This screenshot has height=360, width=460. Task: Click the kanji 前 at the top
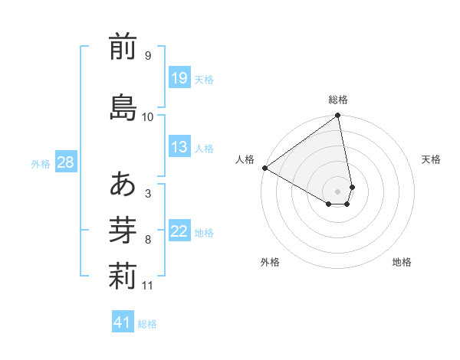(x=123, y=47)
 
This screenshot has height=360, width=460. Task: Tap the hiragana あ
(x=123, y=184)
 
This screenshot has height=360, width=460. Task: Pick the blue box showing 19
(x=179, y=77)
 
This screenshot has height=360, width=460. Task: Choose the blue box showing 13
(x=179, y=148)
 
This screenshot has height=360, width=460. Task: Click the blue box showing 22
(x=179, y=231)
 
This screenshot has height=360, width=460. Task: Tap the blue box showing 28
(x=65, y=162)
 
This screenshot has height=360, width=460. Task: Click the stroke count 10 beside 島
(x=148, y=117)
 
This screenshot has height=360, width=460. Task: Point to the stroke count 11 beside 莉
(x=148, y=286)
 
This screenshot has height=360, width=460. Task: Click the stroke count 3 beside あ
(x=148, y=193)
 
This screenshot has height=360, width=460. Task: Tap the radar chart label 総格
(x=338, y=100)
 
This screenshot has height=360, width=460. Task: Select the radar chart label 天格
(x=432, y=159)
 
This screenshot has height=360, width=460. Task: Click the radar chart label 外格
(x=270, y=262)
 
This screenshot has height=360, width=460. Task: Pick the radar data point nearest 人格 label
(x=264, y=168)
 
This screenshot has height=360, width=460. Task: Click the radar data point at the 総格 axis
(x=338, y=116)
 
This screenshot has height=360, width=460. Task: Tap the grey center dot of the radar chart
(x=338, y=191)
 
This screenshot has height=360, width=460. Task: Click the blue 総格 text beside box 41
(x=147, y=324)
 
